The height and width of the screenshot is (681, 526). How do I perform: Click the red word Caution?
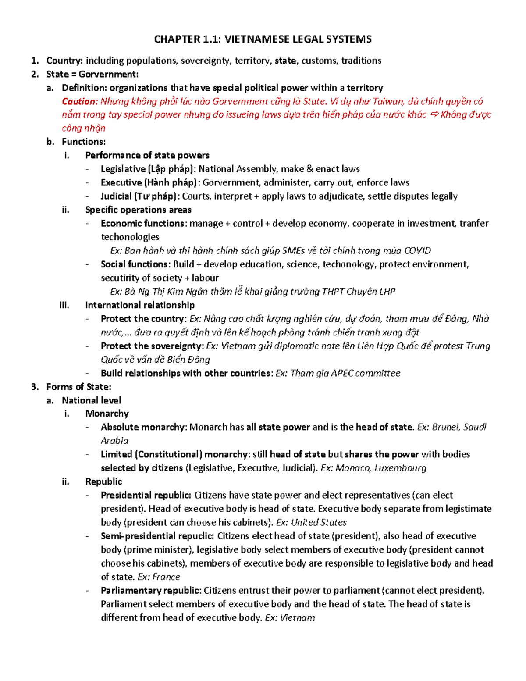(x=79, y=101)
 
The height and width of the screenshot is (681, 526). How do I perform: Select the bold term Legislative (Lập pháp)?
(x=148, y=169)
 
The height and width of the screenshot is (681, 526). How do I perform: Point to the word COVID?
(x=417, y=250)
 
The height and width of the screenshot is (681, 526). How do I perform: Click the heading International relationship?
(x=140, y=305)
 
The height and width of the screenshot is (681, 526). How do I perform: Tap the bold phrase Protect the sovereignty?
(x=152, y=346)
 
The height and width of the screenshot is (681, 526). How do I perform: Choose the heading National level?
(x=91, y=400)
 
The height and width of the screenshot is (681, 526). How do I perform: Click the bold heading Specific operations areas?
(x=138, y=210)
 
